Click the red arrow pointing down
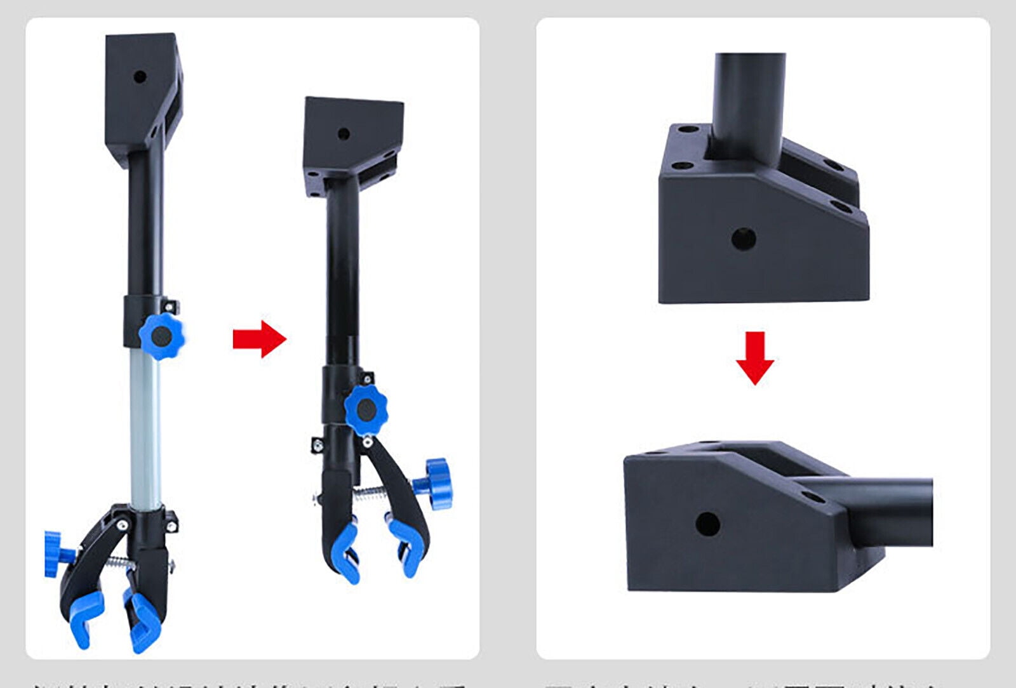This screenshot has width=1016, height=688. [x=754, y=358]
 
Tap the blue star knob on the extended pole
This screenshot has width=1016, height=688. [x=161, y=336]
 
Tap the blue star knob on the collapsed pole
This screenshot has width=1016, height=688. [x=366, y=411]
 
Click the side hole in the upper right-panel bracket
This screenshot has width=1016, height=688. [x=743, y=239]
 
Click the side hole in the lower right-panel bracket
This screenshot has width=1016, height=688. [x=707, y=524]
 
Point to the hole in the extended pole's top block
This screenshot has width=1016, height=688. [x=140, y=77]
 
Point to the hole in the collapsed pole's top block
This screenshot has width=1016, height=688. [x=344, y=134]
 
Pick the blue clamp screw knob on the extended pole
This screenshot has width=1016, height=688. [x=52, y=554]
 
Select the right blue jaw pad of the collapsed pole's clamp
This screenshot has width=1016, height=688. [x=406, y=547]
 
